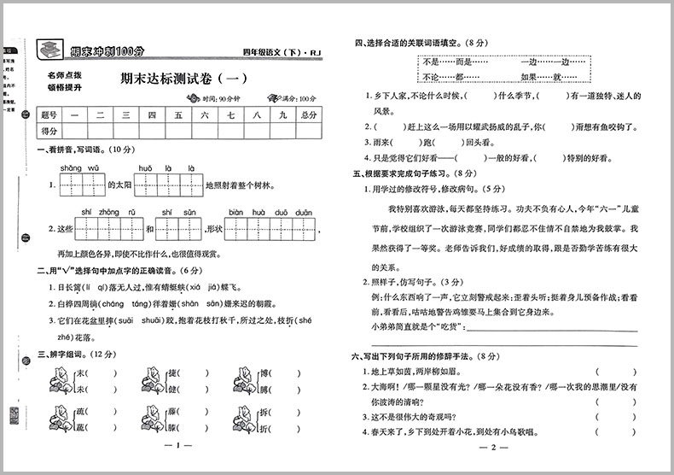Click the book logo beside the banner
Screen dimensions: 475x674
(x=49, y=48)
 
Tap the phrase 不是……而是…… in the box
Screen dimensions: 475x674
(x=448, y=62)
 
